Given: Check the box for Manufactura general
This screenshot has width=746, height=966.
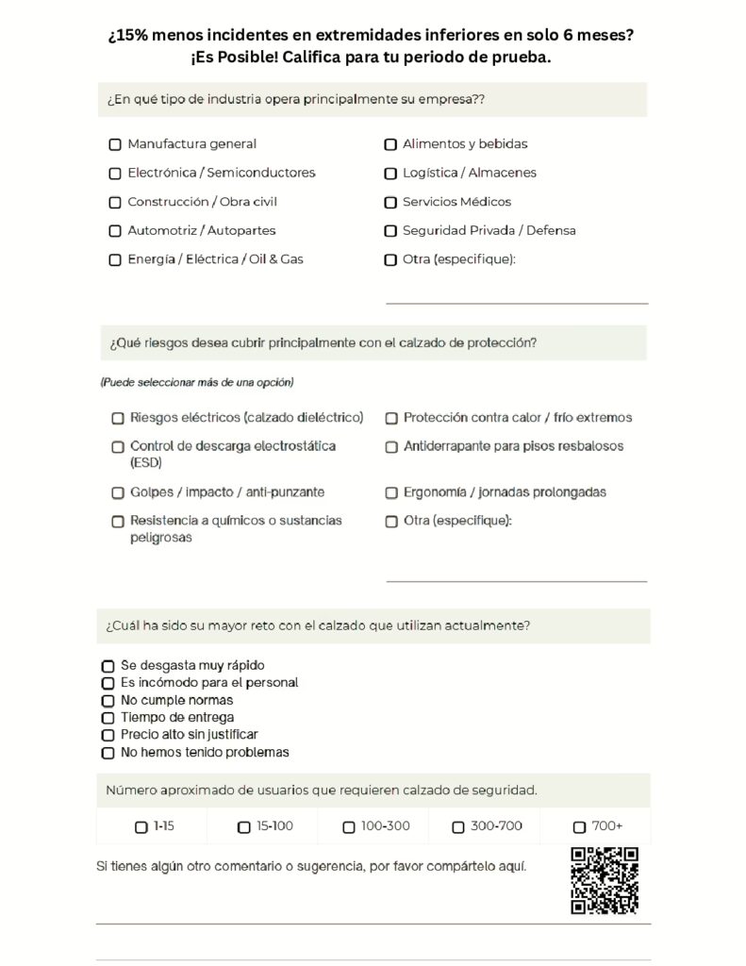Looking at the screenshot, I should (x=115, y=145).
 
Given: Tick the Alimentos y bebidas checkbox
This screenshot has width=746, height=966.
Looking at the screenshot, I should (x=390, y=145).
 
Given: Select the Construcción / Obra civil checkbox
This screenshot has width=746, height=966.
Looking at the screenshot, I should (x=115, y=203).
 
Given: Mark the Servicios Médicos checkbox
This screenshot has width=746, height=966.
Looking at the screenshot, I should (x=390, y=203).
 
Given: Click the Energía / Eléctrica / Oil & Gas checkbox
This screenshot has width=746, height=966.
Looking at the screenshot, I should (x=115, y=260).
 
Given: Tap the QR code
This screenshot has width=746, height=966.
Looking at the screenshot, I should (x=605, y=880).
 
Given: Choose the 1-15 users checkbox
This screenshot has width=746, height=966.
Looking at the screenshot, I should (x=141, y=827).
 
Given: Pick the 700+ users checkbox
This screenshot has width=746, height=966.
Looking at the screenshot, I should (x=579, y=827).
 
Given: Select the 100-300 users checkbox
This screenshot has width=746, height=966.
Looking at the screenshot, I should (x=349, y=827).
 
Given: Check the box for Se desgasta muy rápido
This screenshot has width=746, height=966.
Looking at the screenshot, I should (x=108, y=666).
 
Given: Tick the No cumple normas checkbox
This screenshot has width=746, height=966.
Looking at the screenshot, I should (x=108, y=701).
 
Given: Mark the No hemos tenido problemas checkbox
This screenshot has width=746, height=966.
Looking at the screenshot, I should (x=108, y=753).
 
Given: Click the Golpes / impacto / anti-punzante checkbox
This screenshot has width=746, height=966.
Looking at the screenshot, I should (x=118, y=493).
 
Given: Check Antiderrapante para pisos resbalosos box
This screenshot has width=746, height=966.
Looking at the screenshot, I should (x=391, y=447).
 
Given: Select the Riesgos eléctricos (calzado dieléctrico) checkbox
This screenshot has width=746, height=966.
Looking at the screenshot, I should (x=118, y=418).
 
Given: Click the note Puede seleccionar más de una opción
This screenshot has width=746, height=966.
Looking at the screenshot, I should (x=196, y=383).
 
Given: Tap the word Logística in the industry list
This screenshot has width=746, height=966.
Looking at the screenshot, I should (x=429, y=174).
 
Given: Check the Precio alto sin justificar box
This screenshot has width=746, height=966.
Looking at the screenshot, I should (x=108, y=735).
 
